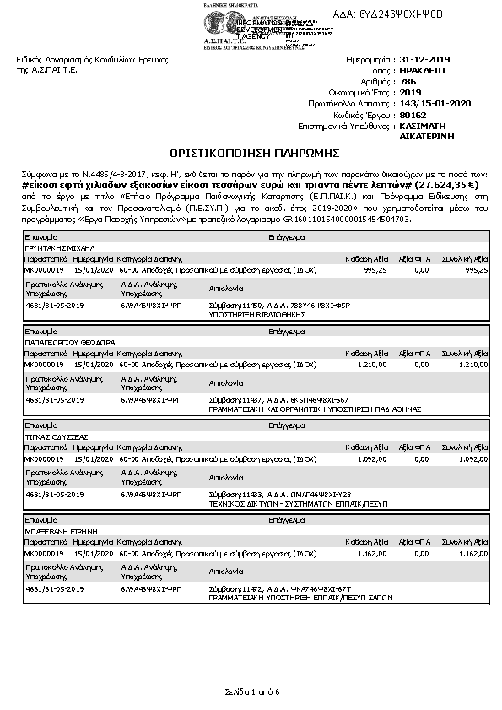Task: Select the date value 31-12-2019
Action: (426, 60)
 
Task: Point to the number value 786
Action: (409, 82)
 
